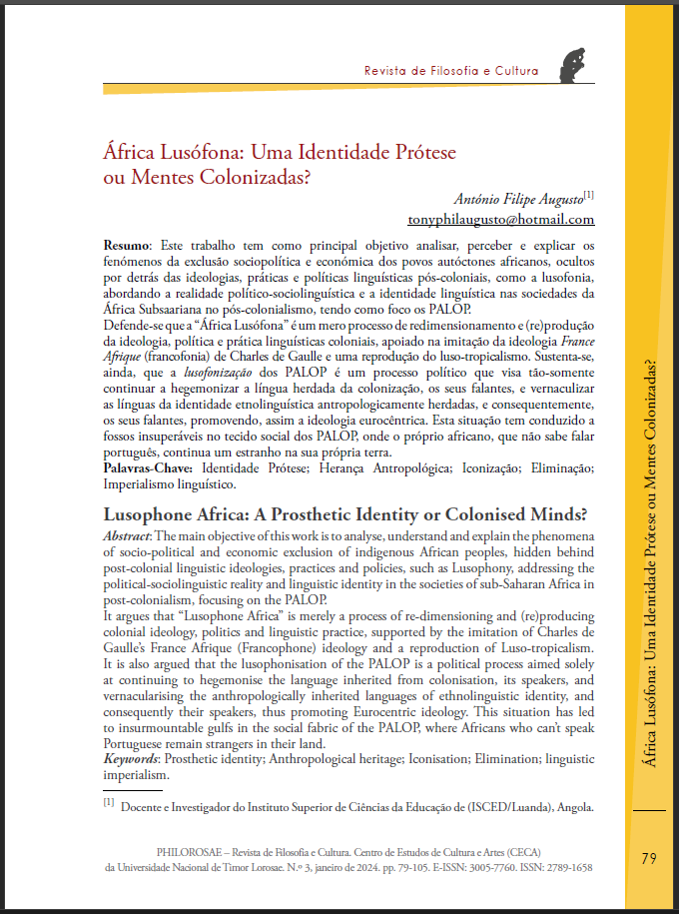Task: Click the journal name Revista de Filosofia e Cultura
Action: click(x=451, y=71)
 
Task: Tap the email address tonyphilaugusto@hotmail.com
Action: click(x=501, y=219)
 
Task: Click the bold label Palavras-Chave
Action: click(x=150, y=467)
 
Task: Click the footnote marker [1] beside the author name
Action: click(x=588, y=192)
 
